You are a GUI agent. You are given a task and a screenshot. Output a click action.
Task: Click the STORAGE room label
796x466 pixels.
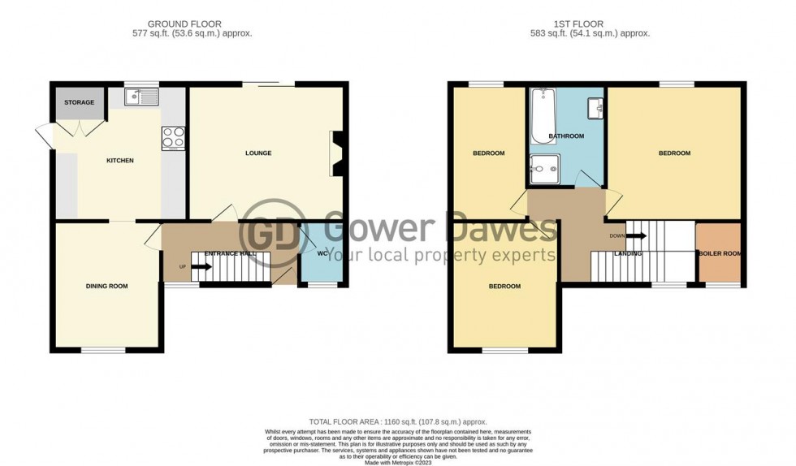tap(79, 102)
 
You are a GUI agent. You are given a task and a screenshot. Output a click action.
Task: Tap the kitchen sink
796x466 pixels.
tap(141, 98)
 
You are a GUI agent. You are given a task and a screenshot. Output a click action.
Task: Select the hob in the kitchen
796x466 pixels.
tap(173, 138)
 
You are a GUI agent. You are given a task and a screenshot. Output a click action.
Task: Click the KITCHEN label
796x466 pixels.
tap(120, 161)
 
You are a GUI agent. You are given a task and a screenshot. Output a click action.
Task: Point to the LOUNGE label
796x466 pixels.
tap(258, 153)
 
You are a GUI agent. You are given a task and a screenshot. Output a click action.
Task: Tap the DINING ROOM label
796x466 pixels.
tap(107, 286)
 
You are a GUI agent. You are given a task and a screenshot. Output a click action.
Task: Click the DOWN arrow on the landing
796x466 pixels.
tap(629, 236)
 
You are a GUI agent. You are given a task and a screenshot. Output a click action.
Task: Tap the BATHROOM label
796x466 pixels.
tap(566, 136)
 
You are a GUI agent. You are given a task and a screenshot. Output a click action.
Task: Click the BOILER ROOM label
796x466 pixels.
tap(720, 253)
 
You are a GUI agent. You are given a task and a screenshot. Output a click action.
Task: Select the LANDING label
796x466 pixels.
tap(628, 253)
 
